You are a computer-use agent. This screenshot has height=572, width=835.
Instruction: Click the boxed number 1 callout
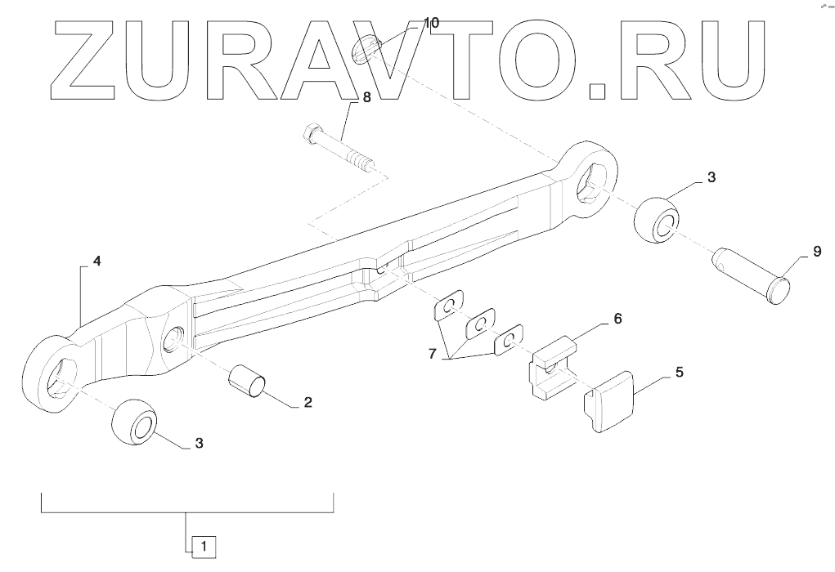(x=204, y=544)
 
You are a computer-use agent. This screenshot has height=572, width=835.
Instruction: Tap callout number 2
(x=308, y=402)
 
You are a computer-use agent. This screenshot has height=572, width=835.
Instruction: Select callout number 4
(x=97, y=261)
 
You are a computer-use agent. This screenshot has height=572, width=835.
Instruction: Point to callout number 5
(x=679, y=372)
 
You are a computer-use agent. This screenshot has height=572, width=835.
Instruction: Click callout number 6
(x=617, y=318)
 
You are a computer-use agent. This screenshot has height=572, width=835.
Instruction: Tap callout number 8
(x=366, y=97)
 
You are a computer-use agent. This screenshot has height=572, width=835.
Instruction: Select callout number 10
(x=430, y=23)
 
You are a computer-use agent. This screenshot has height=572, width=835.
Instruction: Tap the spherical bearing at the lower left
(x=133, y=423)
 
